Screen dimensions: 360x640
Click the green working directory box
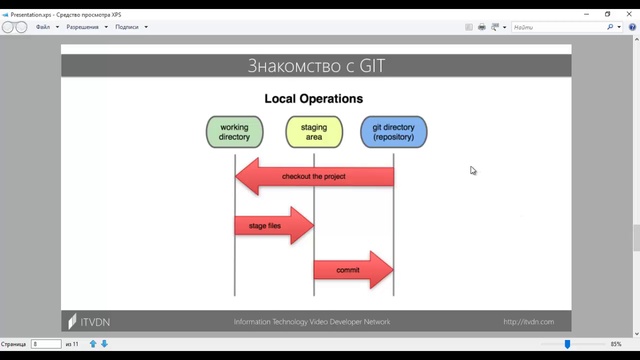(234, 132)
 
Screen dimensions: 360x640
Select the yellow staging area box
(313, 132)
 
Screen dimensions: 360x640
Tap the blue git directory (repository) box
(393, 132)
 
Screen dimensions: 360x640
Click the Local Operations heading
(313, 99)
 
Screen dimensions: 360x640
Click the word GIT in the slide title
(366, 67)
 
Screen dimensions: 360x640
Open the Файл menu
(43, 27)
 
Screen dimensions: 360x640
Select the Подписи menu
(127, 27)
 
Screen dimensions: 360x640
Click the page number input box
(46, 344)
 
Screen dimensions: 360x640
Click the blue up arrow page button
(93, 344)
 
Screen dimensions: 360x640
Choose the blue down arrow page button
(104, 344)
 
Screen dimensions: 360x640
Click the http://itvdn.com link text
(528, 322)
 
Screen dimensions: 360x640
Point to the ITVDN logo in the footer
(84, 322)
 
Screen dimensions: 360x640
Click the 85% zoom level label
(616, 344)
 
